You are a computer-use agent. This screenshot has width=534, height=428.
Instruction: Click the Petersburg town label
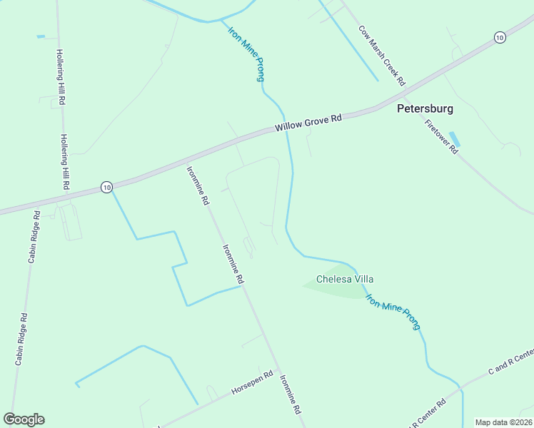[x=425, y=110]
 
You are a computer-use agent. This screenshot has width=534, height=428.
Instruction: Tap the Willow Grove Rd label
[x=308, y=123]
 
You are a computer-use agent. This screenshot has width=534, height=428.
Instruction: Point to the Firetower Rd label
[x=441, y=138]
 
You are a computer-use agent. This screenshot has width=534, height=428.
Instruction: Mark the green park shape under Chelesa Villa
[x=336, y=289]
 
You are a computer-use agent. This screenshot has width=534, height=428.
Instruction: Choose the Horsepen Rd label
[x=252, y=384]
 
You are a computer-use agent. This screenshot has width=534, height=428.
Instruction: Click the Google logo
[x=24, y=419]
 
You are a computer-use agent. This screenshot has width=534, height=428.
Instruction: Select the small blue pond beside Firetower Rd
[x=454, y=139]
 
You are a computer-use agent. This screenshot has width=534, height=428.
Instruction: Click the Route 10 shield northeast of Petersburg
[x=500, y=37]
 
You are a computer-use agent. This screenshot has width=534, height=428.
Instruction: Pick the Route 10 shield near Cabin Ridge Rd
[x=106, y=187]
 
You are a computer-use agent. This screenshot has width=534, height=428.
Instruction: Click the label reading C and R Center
[x=510, y=362]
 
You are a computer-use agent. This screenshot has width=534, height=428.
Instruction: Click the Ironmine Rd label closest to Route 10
[x=198, y=185]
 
